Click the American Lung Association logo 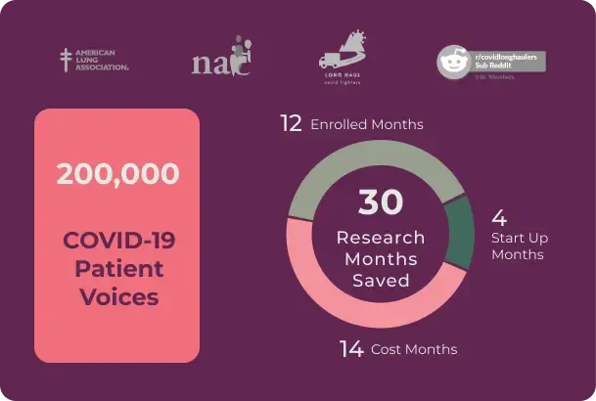click(94, 61)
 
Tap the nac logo click(222, 60)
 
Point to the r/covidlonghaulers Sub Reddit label click(510, 60)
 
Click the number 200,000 click(117, 175)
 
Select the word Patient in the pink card click(117, 268)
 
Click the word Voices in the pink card click(118, 295)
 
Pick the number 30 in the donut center click(380, 202)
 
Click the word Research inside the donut click(380, 238)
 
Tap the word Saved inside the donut click(380, 281)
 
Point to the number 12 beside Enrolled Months click(291, 123)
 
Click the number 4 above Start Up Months click(498, 217)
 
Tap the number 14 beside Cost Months click(351, 348)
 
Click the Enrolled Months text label click(366, 125)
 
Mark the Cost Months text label click(413, 349)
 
